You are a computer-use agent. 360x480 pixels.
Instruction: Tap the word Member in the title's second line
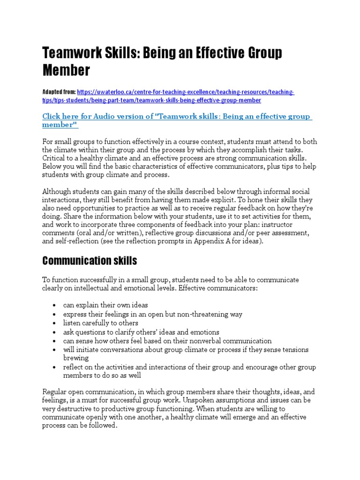coord(66,71)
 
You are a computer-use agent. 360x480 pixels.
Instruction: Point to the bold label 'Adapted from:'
coord(59,92)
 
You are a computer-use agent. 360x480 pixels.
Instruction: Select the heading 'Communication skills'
coord(90,260)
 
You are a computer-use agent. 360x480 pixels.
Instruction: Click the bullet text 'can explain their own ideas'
coord(105,305)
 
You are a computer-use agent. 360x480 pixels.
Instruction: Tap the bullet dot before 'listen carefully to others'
coord(55,323)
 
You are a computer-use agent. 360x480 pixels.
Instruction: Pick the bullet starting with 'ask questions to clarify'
coord(141,332)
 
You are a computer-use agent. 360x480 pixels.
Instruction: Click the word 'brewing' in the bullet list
coord(76,358)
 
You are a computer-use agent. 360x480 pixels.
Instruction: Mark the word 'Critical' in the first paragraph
coord(54,158)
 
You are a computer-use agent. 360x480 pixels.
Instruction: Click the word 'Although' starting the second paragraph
coord(58,192)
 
